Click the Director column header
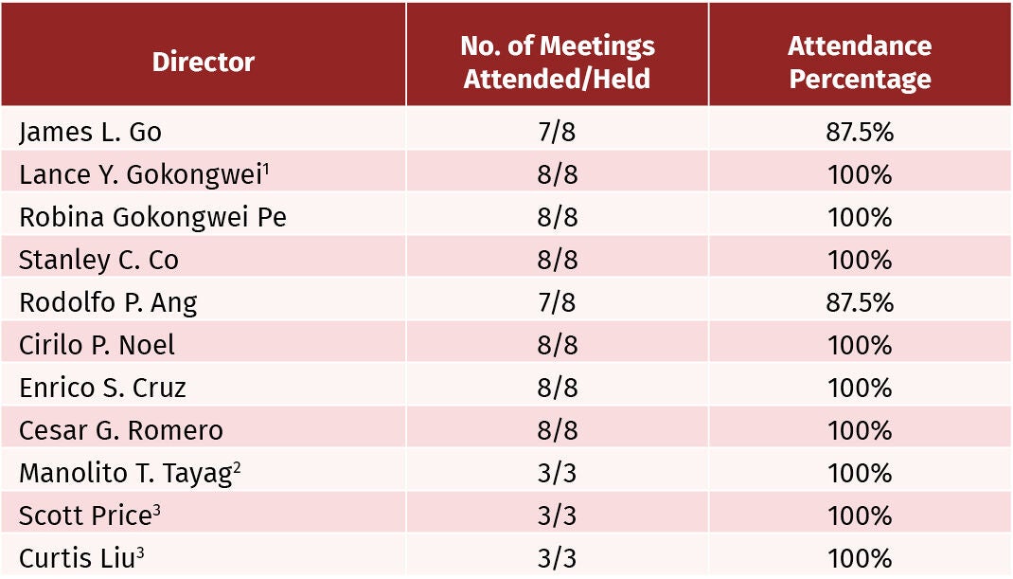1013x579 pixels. (203, 63)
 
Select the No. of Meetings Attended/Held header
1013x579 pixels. (557, 63)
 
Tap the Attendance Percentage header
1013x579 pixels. (860, 63)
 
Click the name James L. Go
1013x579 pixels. (90, 133)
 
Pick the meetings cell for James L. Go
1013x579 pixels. (557, 132)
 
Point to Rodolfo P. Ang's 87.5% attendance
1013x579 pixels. (860, 302)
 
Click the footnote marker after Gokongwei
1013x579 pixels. (265, 170)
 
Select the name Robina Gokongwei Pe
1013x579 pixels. (152, 218)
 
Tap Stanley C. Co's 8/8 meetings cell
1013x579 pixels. (557, 260)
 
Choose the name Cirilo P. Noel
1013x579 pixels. (97, 345)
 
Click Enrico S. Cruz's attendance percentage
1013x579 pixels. (860, 389)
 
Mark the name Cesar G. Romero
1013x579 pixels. (121, 430)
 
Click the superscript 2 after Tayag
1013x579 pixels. (237, 468)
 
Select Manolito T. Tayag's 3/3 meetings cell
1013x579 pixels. (557, 474)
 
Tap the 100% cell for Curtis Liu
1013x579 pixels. (860, 558)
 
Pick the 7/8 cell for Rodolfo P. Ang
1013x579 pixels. (557, 302)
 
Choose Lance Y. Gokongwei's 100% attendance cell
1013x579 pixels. (860, 174)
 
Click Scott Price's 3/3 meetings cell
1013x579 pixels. (557, 516)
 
